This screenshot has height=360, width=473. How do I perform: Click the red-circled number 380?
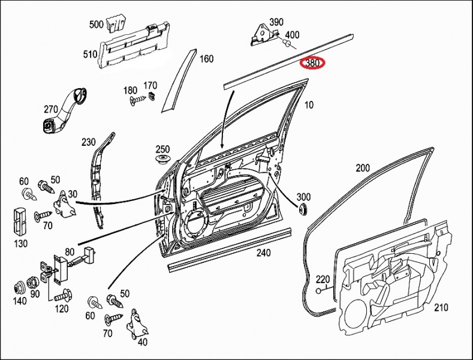[312, 62]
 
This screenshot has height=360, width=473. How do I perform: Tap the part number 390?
[276, 22]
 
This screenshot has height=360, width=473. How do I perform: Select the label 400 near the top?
[292, 35]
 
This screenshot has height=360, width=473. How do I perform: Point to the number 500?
[96, 25]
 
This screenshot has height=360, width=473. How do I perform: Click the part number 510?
[91, 55]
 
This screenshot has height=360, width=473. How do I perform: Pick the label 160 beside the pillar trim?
[206, 59]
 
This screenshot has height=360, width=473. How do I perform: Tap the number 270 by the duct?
[50, 109]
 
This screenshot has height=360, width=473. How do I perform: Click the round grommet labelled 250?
[162, 160]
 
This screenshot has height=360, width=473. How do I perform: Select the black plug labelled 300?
[302, 208]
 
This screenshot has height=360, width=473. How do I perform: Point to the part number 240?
[263, 253]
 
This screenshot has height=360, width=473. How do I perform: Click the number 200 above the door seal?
[363, 168]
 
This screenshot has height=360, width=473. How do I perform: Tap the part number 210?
[441, 308]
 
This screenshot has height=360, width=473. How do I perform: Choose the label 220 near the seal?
[323, 279]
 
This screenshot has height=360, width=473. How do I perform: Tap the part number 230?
[89, 142]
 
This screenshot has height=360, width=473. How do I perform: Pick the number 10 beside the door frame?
[309, 106]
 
